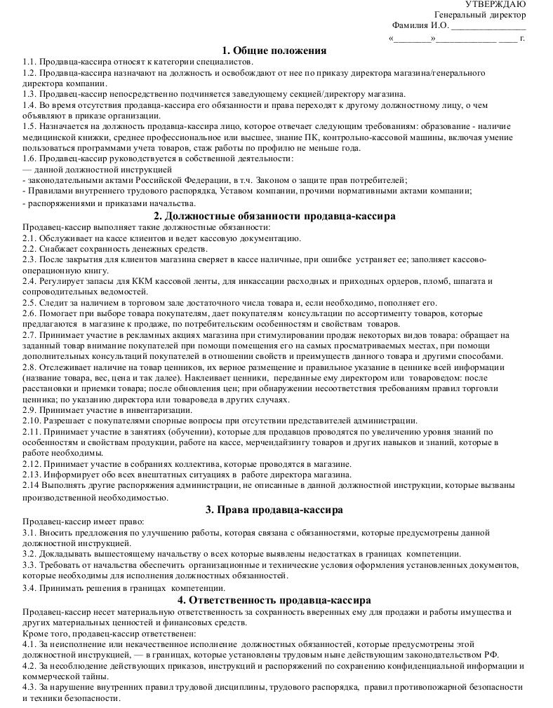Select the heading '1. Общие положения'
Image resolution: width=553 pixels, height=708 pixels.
tap(274, 50)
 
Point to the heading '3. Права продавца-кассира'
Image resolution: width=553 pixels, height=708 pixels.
tap(274, 510)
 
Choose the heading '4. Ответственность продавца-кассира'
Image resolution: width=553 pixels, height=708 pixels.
tap(274, 600)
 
